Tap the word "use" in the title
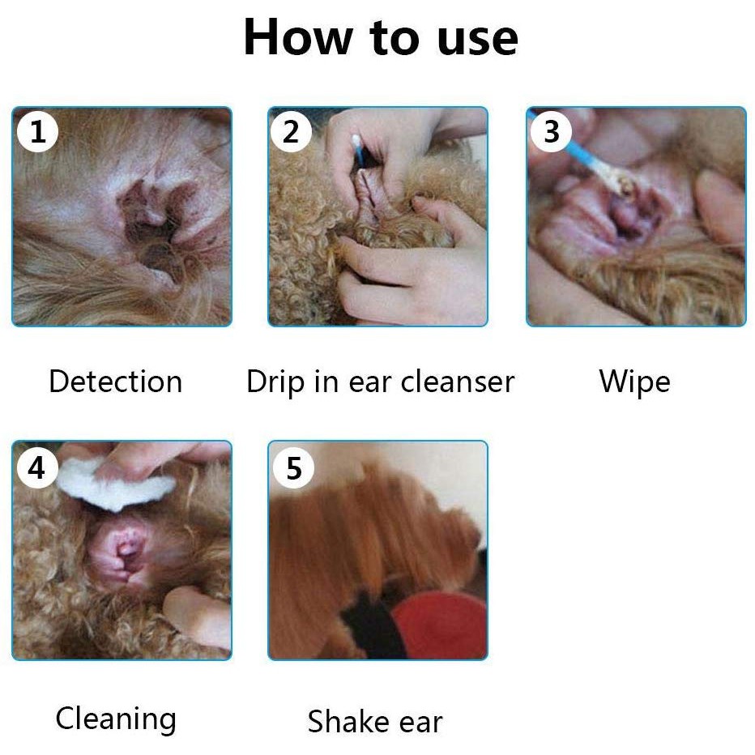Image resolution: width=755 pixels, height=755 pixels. point(478,40)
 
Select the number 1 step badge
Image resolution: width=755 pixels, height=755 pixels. point(37,131)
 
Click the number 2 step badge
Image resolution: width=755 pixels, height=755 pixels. point(291,131)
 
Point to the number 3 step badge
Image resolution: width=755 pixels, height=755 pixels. point(551,131)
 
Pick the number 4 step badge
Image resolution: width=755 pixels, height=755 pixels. point(37,467)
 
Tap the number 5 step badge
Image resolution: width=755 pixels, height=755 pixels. point(293,467)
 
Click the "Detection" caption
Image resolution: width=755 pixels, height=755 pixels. point(116,382)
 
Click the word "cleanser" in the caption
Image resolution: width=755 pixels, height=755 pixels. point(458,382)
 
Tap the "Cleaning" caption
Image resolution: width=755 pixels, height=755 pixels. point(116,720)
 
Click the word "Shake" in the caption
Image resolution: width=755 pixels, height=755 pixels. point(346,721)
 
